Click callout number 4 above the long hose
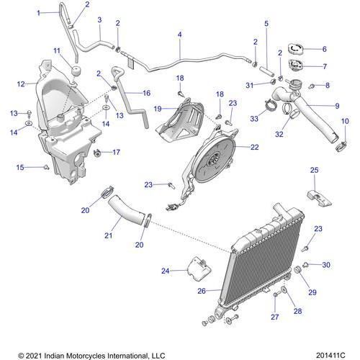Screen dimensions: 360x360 179,35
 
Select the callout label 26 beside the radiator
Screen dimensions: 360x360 201,292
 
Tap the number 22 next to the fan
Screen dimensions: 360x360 254,147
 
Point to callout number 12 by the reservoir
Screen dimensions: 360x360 21,84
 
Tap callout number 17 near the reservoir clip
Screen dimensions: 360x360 116,152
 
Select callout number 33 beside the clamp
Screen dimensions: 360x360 253,118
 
